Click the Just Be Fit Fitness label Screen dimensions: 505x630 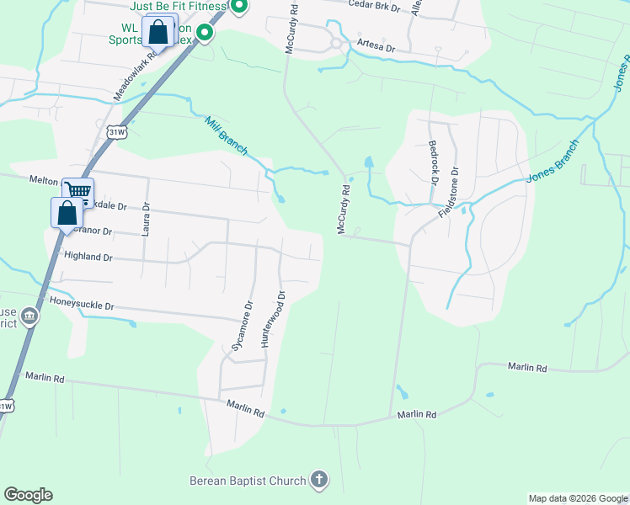tap(179, 6)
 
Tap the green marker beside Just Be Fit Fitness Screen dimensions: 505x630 tap(238, 7)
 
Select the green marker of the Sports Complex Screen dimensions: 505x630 tap(204, 34)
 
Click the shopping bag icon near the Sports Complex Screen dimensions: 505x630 tap(157, 33)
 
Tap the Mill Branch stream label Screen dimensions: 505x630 tap(226, 136)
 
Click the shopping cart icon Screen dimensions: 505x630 tap(78, 191)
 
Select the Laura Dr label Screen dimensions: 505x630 tap(146, 219)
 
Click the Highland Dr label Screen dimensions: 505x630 tap(88, 257)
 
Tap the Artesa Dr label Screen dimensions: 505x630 tap(376, 48)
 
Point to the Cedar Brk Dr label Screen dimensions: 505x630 tap(377, 5)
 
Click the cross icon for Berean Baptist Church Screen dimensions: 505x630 tap(318, 480)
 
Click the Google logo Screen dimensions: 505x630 tap(28, 495)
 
